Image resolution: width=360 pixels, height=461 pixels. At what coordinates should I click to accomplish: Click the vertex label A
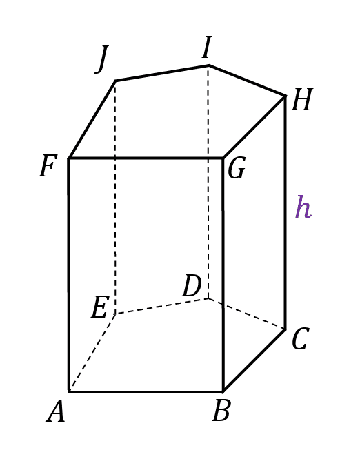pyautogui.click(x=56, y=411)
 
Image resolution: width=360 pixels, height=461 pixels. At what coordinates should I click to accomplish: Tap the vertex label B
pyautogui.click(x=221, y=411)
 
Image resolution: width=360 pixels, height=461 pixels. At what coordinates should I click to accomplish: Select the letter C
pyautogui.click(x=300, y=338)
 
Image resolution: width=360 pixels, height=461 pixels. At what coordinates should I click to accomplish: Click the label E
pyautogui.click(x=100, y=307)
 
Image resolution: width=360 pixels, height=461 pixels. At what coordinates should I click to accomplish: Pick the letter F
pyautogui.click(x=48, y=166)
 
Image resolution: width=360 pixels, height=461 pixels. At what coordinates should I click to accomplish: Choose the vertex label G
pyautogui.click(x=237, y=168)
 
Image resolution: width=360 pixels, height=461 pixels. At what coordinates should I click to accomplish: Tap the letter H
pyautogui.click(x=302, y=100)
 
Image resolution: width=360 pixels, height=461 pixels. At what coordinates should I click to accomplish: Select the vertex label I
pyautogui.click(x=207, y=47)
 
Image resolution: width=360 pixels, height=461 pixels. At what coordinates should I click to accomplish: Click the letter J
pyautogui.click(x=102, y=59)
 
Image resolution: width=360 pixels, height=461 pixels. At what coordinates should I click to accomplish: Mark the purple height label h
pyautogui.click(x=303, y=207)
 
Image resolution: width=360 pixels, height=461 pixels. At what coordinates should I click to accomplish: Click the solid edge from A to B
pyautogui.click(x=146, y=391)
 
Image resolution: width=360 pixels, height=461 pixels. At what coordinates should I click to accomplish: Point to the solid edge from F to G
pyautogui.click(x=146, y=158)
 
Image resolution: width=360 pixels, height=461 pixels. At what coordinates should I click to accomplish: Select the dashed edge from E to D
pyautogui.click(x=161, y=307)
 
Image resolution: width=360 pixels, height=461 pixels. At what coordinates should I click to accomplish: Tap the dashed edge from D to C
pyautogui.click(x=247, y=314)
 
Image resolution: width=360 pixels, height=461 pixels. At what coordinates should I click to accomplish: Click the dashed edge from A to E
pyautogui.click(x=92, y=352)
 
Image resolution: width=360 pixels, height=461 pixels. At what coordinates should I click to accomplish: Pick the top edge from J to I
pyautogui.click(x=162, y=73)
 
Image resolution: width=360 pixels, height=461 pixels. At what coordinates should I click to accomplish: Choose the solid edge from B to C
pyautogui.click(x=254, y=360)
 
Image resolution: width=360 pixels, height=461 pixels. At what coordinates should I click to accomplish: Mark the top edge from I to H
pyautogui.click(x=248, y=80)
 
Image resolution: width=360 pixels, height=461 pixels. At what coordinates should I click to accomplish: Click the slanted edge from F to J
pyautogui.click(x=92, y=119)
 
